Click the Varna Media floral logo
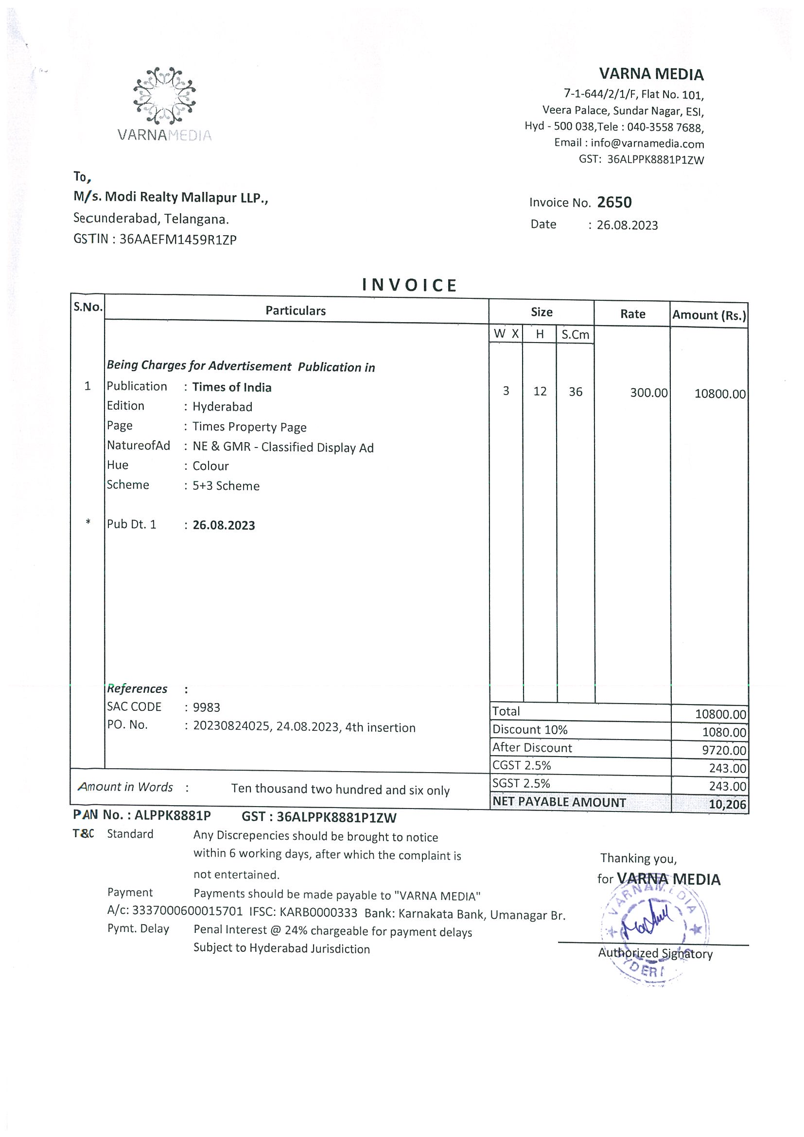[x=164, y=95]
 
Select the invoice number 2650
[x=614, y=202]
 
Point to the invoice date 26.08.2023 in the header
[x=627, y=225]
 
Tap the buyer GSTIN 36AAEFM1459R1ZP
[x=178, y=240]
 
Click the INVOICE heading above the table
[x=409, y=285]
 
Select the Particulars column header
[x=296, y=310]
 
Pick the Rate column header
[x=632, y=314]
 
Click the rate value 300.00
[x=648, y=393]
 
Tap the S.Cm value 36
[x=575, y=392]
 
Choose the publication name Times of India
[x=232, y=387]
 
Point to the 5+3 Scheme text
[x=226, y=486]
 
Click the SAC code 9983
[x=207, y=707]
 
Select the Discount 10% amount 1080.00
[x=724, y=732]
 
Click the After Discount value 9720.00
[x=724, y=750]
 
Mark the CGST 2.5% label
[x=522, y=765]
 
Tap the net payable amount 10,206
[x=727, y=804]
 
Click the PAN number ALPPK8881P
[x=173, y=815]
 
